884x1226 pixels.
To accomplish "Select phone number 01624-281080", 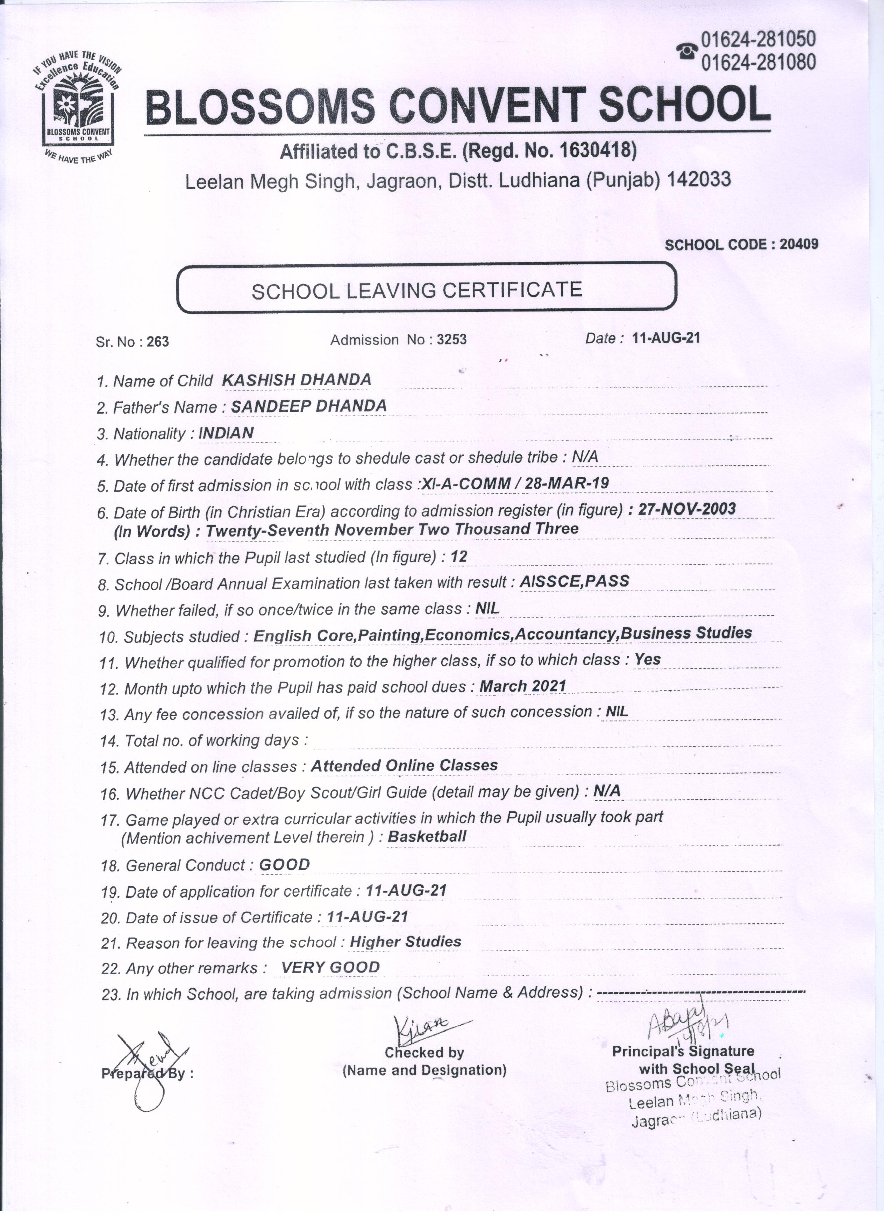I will (758, 63).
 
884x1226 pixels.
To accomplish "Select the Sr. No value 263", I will (158, 342).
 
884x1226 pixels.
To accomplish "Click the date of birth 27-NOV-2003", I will (687, 509).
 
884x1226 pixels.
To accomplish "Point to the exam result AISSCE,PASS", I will (574, 581).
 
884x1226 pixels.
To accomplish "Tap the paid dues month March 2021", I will (523, 686).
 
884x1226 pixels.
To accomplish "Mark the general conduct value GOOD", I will (284, 865).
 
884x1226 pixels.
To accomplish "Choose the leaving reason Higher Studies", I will (406, 942).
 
